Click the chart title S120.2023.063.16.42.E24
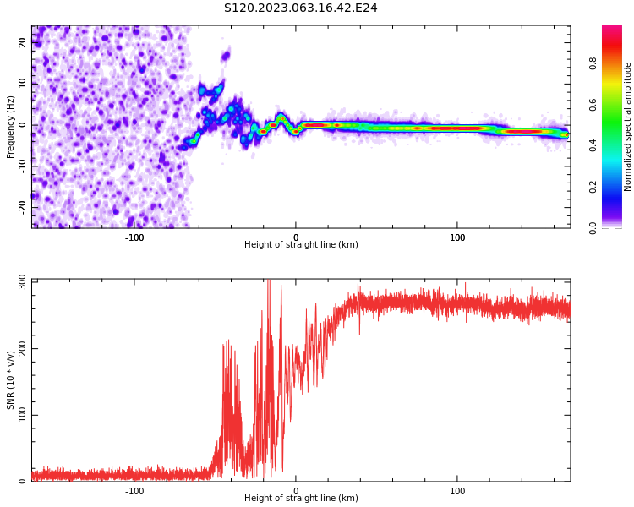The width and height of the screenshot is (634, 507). point(300,8)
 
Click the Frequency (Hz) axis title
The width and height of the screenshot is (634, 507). point(11,127)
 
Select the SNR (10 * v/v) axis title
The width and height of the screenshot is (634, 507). point(11,380)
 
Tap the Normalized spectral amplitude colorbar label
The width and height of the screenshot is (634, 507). point(628,127)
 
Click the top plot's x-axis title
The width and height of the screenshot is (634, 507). point(301,245)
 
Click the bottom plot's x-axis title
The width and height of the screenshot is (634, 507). point(301,499)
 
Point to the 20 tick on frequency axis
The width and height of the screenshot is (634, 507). point(23,43)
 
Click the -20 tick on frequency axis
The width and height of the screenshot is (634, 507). point(23,206)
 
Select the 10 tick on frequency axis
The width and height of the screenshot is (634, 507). point(23,84)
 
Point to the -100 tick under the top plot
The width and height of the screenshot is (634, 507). point(134,237)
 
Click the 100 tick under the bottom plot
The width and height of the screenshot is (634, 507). point(457,491)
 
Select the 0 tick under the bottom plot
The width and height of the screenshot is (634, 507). point(296,491)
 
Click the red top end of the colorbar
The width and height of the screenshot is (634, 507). point(611,30)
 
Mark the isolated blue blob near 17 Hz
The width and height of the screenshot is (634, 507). point(226,57)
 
